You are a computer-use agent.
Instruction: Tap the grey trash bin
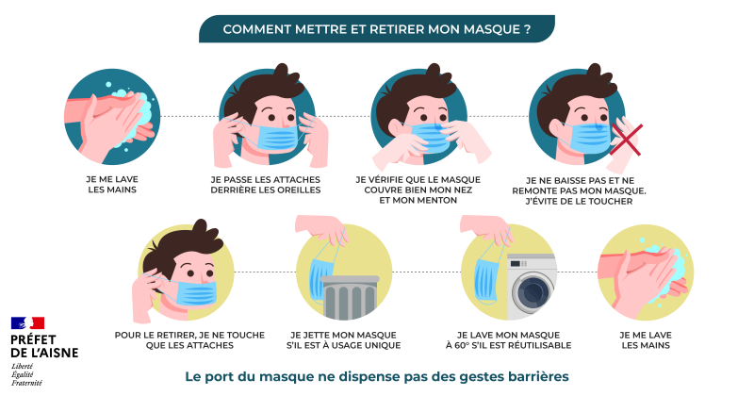click(x=350, y=297)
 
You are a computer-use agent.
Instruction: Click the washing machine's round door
click(x=533, y=291)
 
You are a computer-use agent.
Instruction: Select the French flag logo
click(x=27, y=322)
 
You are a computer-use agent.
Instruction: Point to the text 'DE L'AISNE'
click(x=44, y=353)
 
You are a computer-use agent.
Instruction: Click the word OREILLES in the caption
click(x=298, y=190)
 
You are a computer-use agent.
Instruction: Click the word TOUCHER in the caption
click(x=611, y=201)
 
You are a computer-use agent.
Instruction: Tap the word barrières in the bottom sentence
click(x=538, y=376)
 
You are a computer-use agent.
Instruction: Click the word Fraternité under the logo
click(x=26, y=383)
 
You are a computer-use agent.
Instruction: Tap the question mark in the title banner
click(x=528, y=29)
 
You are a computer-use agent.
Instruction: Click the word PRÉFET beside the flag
click(x=33, y=339)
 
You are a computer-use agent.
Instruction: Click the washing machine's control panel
click(x=532, y=264)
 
